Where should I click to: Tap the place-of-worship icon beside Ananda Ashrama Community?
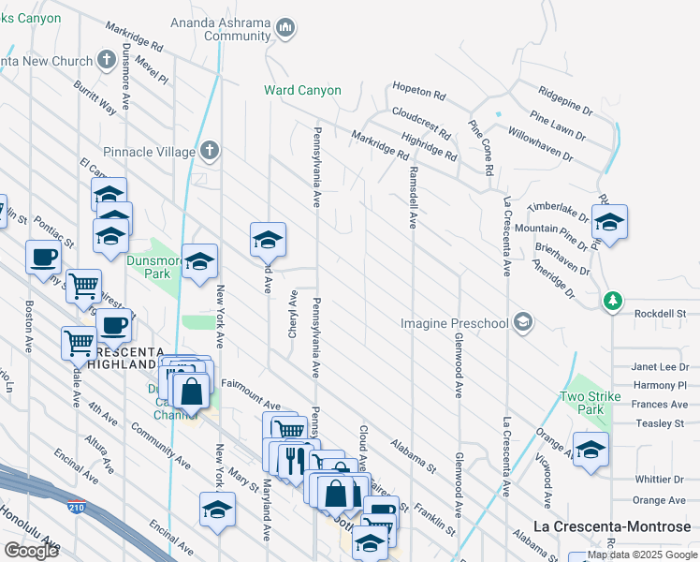tap(286, 29)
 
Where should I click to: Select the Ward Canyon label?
tap(300, 91)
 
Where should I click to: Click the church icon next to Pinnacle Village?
tap(211, 150)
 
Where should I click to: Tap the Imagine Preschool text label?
tap(454, 323)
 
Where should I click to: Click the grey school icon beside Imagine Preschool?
tap(523, 323)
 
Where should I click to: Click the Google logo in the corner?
tap(31, 550)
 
